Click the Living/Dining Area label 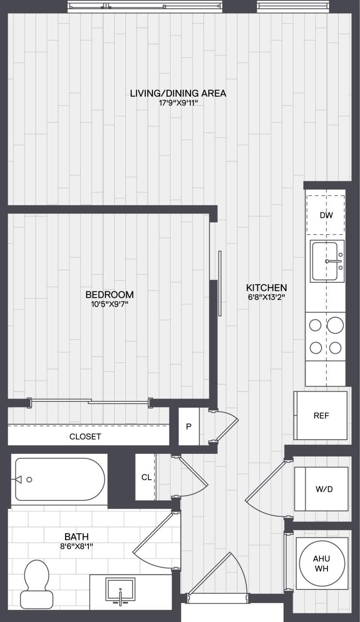point(178,93)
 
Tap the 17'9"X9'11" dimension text point(178,104)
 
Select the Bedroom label point(109,295)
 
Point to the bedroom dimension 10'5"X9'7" point(109,305)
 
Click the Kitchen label point(266,288)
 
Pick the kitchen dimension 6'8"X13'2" point(266,298)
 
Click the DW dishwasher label point(326,215)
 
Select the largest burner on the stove point(335,325)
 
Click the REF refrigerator point(321,416)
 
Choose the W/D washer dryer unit point(321,489)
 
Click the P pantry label point(189,427)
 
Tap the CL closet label point(146,477)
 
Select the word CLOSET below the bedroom point(85,436)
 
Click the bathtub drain point(29,480)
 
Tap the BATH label point(77,537)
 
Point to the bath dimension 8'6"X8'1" point(77,547)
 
